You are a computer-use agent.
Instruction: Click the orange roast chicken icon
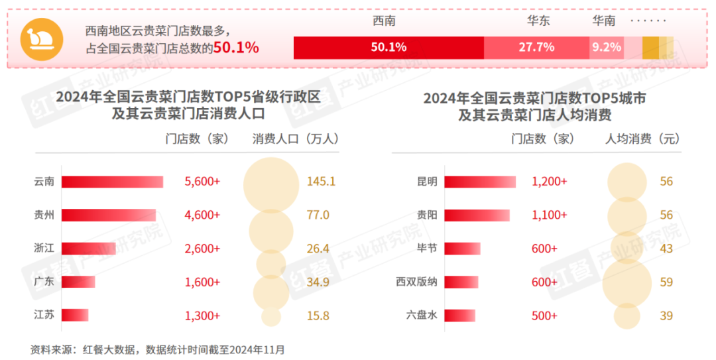[x=42, y=38]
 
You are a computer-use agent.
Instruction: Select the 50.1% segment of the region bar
[x=388, y=47]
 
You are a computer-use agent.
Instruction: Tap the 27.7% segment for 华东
[x=536, y=47]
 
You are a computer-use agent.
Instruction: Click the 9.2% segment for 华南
[x=606, y=47]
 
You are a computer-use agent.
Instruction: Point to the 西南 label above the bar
[x=385, y=21]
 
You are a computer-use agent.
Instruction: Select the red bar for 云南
[x=112, y=182]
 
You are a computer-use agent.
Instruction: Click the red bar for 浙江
[x=89, y=249]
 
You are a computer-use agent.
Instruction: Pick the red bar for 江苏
[x=75, y=316]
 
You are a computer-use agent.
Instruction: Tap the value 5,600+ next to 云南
[x=202, y=182]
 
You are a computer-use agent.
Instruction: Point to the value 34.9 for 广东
[x=318, y=282]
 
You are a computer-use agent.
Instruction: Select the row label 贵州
[x=44, y=215]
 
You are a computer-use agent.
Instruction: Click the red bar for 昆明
[x=480, y=182]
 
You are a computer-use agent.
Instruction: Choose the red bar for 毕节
[x=462, y=249]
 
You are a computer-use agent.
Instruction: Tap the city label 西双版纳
[x=416, y=282]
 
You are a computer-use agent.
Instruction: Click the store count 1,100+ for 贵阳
[x=550, y=215]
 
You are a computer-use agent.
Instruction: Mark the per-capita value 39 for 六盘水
[x=666, y=316]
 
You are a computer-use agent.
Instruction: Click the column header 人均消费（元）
[x=643, y=139]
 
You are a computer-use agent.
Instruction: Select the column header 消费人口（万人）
[x=296, y=139]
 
